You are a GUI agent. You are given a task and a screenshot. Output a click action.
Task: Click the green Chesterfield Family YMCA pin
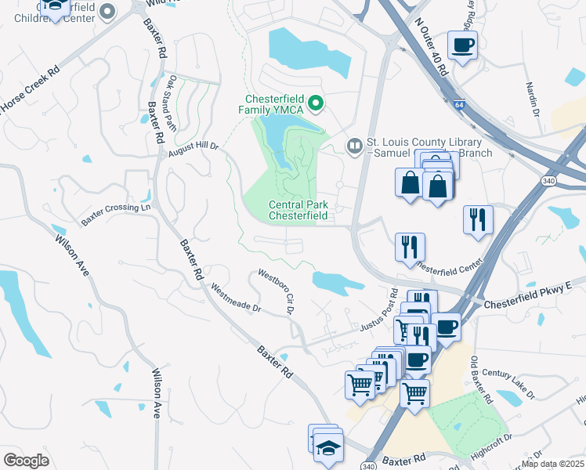tap(316, 103)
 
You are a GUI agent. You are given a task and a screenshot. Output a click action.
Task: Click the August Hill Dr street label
tap(192, 147)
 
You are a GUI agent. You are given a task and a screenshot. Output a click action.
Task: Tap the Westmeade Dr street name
tap(235, 298)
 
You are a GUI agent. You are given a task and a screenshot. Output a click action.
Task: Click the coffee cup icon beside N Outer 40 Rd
tap(462, 45)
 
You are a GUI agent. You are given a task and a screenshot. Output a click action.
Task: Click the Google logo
tap(26, 460)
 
